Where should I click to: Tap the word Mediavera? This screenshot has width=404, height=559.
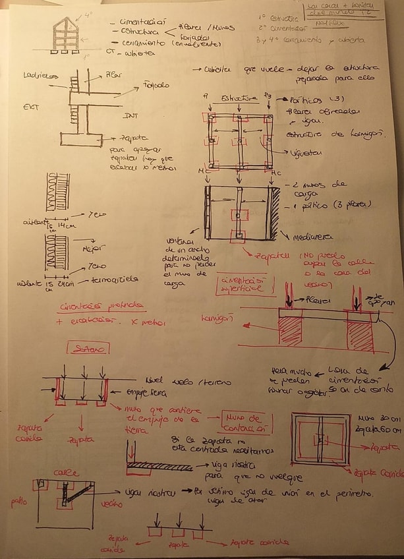click(307, 236)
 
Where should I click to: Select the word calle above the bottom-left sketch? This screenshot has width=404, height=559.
click(70, 473)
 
